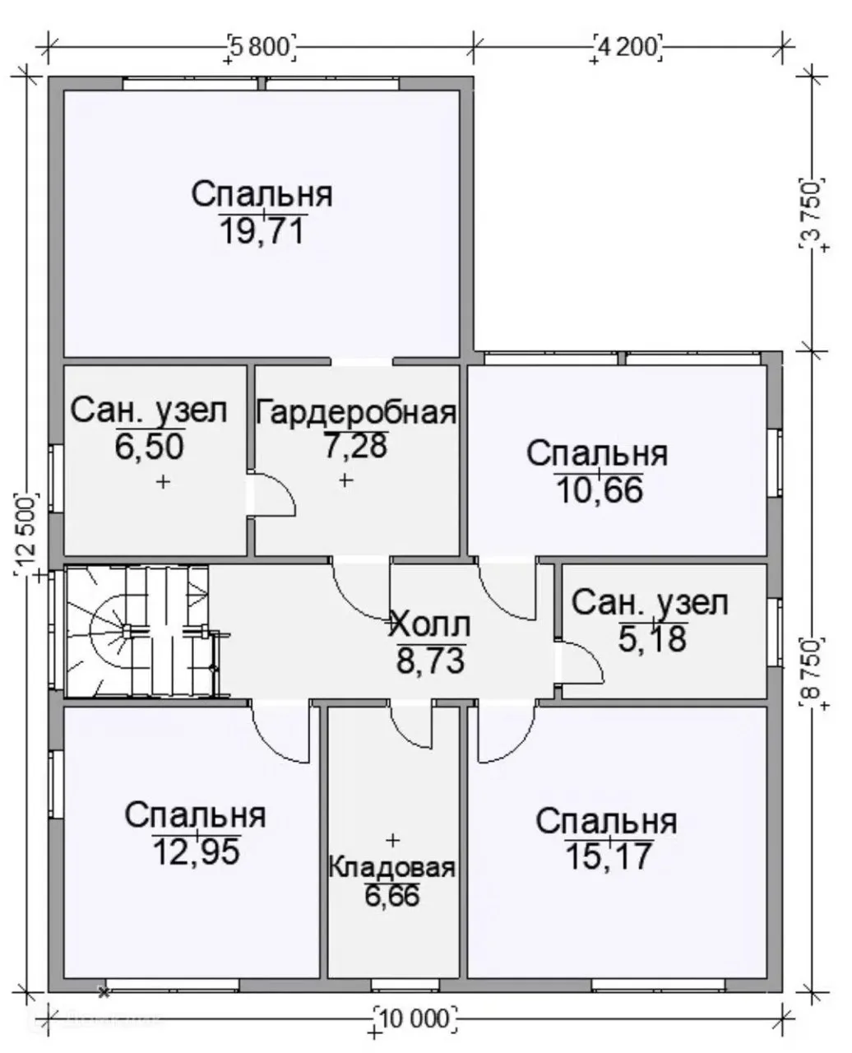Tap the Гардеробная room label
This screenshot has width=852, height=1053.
tap(356, 413)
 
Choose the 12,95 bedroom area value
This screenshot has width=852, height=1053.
tap(197, 851)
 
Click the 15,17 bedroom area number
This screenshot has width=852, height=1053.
tap(609, 856)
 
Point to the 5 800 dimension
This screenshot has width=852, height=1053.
tap(262, 48)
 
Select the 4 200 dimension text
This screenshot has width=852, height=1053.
tap(627, 48)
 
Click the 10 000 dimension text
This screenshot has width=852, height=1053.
tap(416, 1019)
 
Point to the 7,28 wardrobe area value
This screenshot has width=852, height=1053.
tap(356, 445)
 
